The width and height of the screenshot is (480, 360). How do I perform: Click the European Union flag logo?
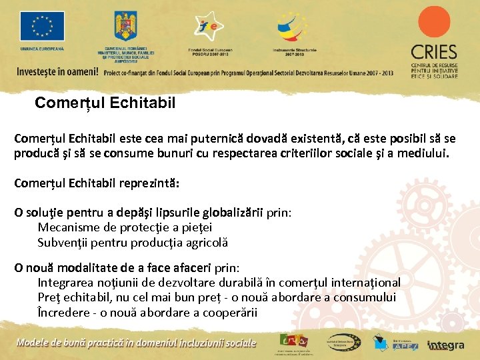42,27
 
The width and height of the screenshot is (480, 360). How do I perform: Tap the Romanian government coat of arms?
126,26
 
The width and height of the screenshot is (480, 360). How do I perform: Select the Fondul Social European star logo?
209,26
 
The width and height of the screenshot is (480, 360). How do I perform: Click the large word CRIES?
434,52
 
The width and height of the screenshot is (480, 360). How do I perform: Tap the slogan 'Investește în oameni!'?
57,71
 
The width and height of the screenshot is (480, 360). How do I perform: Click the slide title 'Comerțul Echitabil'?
105,103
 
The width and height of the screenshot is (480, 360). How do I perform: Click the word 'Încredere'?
65,313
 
